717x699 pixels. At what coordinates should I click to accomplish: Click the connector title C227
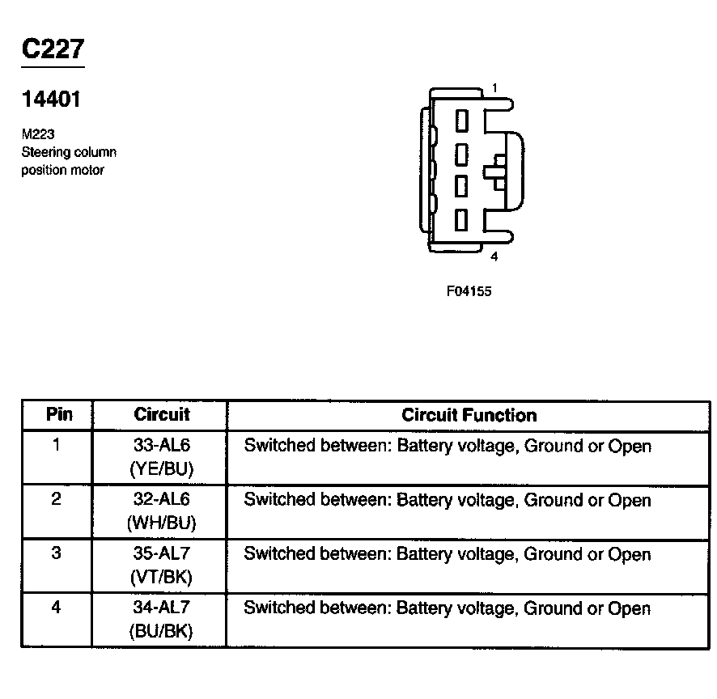53,49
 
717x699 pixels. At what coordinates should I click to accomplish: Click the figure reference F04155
469,291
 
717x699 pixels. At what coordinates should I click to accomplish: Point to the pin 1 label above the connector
494,88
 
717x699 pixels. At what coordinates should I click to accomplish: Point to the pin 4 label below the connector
494,257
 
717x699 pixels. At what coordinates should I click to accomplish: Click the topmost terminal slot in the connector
462,121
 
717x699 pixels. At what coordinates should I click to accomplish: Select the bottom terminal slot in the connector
462,219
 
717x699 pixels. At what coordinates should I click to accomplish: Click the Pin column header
58,415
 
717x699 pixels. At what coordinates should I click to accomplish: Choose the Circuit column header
161,415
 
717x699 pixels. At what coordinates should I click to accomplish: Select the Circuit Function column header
469,415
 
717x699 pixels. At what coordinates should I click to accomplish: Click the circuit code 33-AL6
161,446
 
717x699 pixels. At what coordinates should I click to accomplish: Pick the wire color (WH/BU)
161,523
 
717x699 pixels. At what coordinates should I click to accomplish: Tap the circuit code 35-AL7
161,554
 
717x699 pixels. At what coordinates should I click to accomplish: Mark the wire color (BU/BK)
161,631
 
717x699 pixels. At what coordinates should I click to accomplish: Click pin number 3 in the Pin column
56,554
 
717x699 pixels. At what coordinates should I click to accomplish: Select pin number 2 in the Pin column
56,499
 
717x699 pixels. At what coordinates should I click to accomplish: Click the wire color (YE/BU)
161,468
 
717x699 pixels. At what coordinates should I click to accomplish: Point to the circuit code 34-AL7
161,608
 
